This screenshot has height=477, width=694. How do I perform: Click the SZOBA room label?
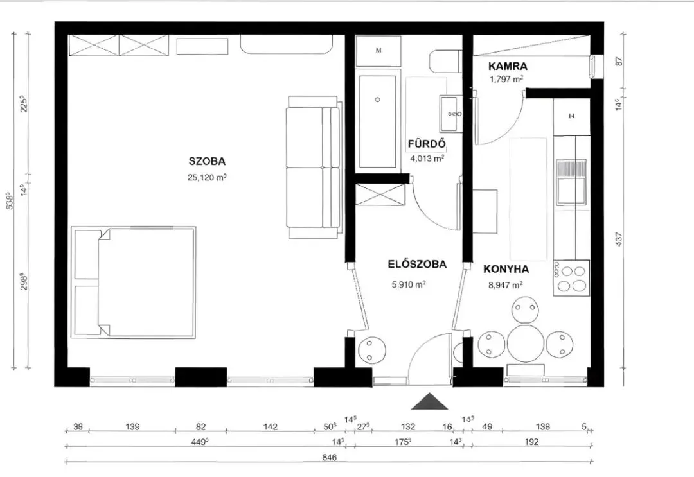point(207,161)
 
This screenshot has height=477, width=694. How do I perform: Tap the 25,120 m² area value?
point(207,177)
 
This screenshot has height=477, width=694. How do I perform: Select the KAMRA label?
point(508,66)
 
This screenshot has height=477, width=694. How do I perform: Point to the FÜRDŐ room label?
point(427,144)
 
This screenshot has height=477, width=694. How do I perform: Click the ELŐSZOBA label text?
point(417,265)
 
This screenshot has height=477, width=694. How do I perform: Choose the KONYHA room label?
point(506,269)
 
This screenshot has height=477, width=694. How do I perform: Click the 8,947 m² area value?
point(506,285)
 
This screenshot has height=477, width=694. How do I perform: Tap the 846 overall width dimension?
point(329,458)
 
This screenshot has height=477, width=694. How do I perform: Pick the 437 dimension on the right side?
point(619,239)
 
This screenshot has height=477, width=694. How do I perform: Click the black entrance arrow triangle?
point(429,401)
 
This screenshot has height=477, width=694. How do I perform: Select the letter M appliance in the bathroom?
point(378,51)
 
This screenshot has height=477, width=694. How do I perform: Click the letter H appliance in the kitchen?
point(571,117)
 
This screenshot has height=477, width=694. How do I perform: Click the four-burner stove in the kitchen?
point(571,278)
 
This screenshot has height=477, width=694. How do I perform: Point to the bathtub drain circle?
point(377,100)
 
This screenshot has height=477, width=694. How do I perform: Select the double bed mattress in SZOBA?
point(146,282)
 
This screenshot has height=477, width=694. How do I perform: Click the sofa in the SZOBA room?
point(314,167)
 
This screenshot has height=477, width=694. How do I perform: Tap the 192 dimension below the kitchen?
point(531,442)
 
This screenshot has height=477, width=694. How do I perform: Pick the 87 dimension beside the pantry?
point(619,62)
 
